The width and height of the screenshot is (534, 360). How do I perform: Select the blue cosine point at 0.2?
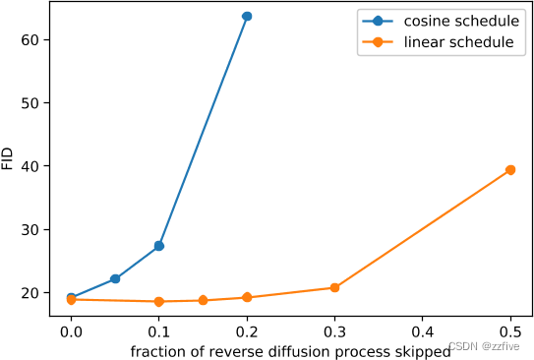tap(247, 17)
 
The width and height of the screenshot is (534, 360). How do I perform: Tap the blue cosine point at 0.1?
tap(158, 246)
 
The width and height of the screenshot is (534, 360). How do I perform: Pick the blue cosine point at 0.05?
tap(115, 279)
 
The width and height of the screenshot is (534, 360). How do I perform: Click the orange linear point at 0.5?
tap(510, 170)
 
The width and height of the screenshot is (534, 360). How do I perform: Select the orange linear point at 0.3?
tap(334, 288)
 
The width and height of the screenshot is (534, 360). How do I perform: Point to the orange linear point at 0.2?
tap(247, 297)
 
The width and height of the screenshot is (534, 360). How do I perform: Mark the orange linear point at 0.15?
tap(203, 300)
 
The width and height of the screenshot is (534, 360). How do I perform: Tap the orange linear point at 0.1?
tap(158, 301)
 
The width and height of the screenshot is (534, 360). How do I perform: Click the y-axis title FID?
tap(9, 157)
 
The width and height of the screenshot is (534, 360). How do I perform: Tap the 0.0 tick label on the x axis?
tap(71, 331)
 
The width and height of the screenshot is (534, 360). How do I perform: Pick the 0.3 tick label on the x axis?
tap(334, 331)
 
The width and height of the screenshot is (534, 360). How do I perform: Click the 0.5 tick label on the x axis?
tap(510, 331)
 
